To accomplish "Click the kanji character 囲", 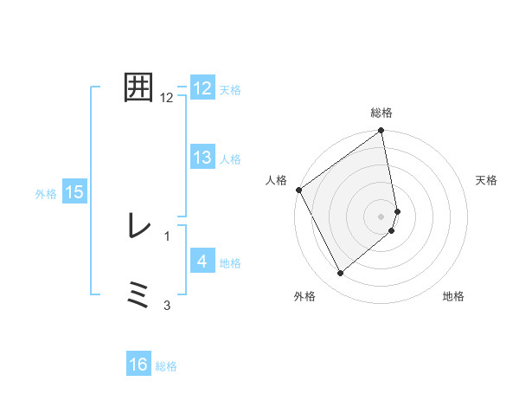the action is [x=139, y=87].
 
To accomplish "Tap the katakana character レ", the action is [x=138, y=226].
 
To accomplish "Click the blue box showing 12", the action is [x=202, y=88].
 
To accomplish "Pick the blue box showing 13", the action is [x=202, y=158].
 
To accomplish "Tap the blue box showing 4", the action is [x=202, y=262].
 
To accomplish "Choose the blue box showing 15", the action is [x=74, y=192].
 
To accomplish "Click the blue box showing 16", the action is [x=138, y=365].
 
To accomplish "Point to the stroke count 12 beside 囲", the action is [x=167, y=98].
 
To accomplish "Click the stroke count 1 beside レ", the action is [x=167, y=236].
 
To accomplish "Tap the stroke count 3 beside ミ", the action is [x=167, y=305].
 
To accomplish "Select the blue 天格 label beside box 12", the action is [x=230, y=90].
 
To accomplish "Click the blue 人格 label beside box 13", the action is [x=230, y=159].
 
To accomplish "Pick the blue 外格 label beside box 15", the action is [x=46, y=194].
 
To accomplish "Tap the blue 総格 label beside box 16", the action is [x=166, y=366].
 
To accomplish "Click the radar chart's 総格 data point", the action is [x=381, y=132].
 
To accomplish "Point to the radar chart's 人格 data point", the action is [x=298, y=190].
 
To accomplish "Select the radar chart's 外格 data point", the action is [x=340, y=274].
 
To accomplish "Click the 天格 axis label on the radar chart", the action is [x=486, y=180].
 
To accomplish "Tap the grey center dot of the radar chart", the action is [x=381, y=216].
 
